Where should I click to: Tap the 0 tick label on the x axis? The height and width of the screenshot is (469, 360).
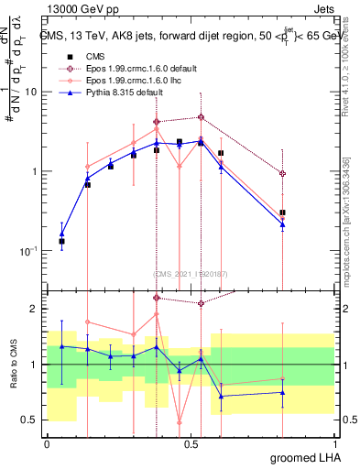(47, 442)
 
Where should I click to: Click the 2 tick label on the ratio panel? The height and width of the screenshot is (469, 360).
(35, 309)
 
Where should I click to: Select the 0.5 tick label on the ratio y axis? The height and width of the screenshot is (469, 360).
(30, 420)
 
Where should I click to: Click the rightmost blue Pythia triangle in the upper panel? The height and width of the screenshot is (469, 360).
(282, 224)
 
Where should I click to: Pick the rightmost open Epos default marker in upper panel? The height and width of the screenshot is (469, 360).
(282, 173)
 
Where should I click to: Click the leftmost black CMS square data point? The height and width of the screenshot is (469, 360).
(61, 241)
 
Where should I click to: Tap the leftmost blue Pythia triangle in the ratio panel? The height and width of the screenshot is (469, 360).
(61, 346)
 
